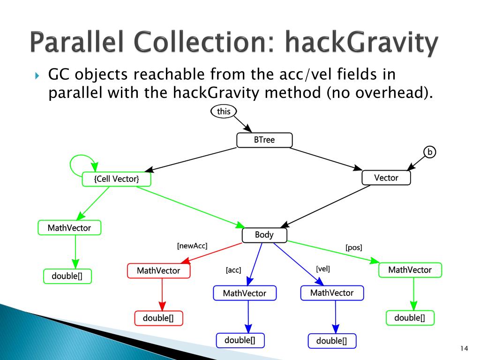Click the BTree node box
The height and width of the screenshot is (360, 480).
(x=264, y=140)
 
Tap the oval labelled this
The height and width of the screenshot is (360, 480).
(x=224, y=111)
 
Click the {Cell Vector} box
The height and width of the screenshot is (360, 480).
(x=116, y=179)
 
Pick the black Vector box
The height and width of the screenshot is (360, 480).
(x=386, y=178)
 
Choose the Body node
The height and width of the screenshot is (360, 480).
(x=264, y=235)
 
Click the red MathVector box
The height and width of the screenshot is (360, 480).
(x=158, y=271)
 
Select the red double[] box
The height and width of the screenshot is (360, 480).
(x=158, y=318)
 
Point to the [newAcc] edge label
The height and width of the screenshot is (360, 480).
(x=192, y=246)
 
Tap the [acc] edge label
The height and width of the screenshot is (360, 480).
(x=233, y=270)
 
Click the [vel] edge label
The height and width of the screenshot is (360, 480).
(x=323, y=269)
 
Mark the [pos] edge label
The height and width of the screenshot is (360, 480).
(x=354, y=247)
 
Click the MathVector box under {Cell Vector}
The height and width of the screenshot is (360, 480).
(x=69, y=228)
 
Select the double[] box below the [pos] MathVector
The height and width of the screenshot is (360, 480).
(x=410, y=318)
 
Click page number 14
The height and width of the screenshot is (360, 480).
(x=465, y=348)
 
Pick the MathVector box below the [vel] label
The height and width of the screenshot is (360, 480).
(x=332, y=293)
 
